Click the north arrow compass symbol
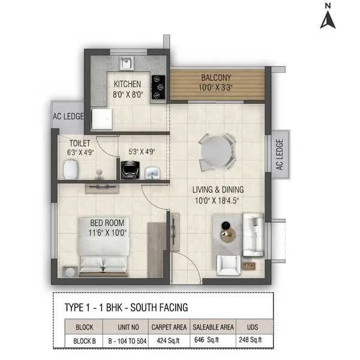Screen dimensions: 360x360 tap(327, 18)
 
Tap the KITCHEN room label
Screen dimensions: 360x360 tap(127, 84)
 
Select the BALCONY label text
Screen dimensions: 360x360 tap(217, 78)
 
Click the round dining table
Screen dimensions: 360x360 tap(217, 152)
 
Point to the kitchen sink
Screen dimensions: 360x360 tap(126, 62)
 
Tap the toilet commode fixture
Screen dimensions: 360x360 tap(71, 169)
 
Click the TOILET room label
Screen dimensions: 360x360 tap(79, 143)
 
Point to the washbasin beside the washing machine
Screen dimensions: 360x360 tap(152, 173)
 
